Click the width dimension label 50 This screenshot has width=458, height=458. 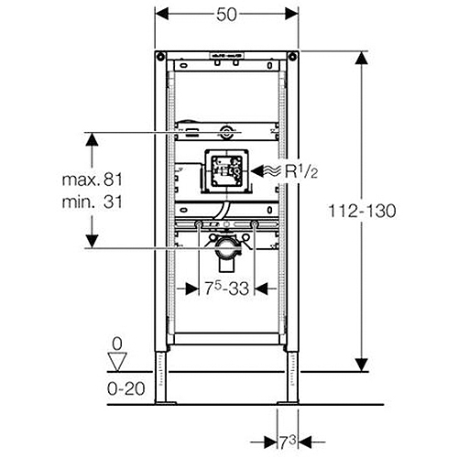point(226,15)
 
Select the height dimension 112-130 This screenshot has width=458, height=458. point(362,211)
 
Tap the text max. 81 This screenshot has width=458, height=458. point(92,180)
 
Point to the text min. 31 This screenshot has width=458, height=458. point(92,202)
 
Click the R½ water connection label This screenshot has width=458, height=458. point(301,171)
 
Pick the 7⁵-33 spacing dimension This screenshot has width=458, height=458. point(226,289)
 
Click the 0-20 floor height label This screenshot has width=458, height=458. point(126,388)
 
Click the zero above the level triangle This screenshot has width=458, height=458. point(117,344)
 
